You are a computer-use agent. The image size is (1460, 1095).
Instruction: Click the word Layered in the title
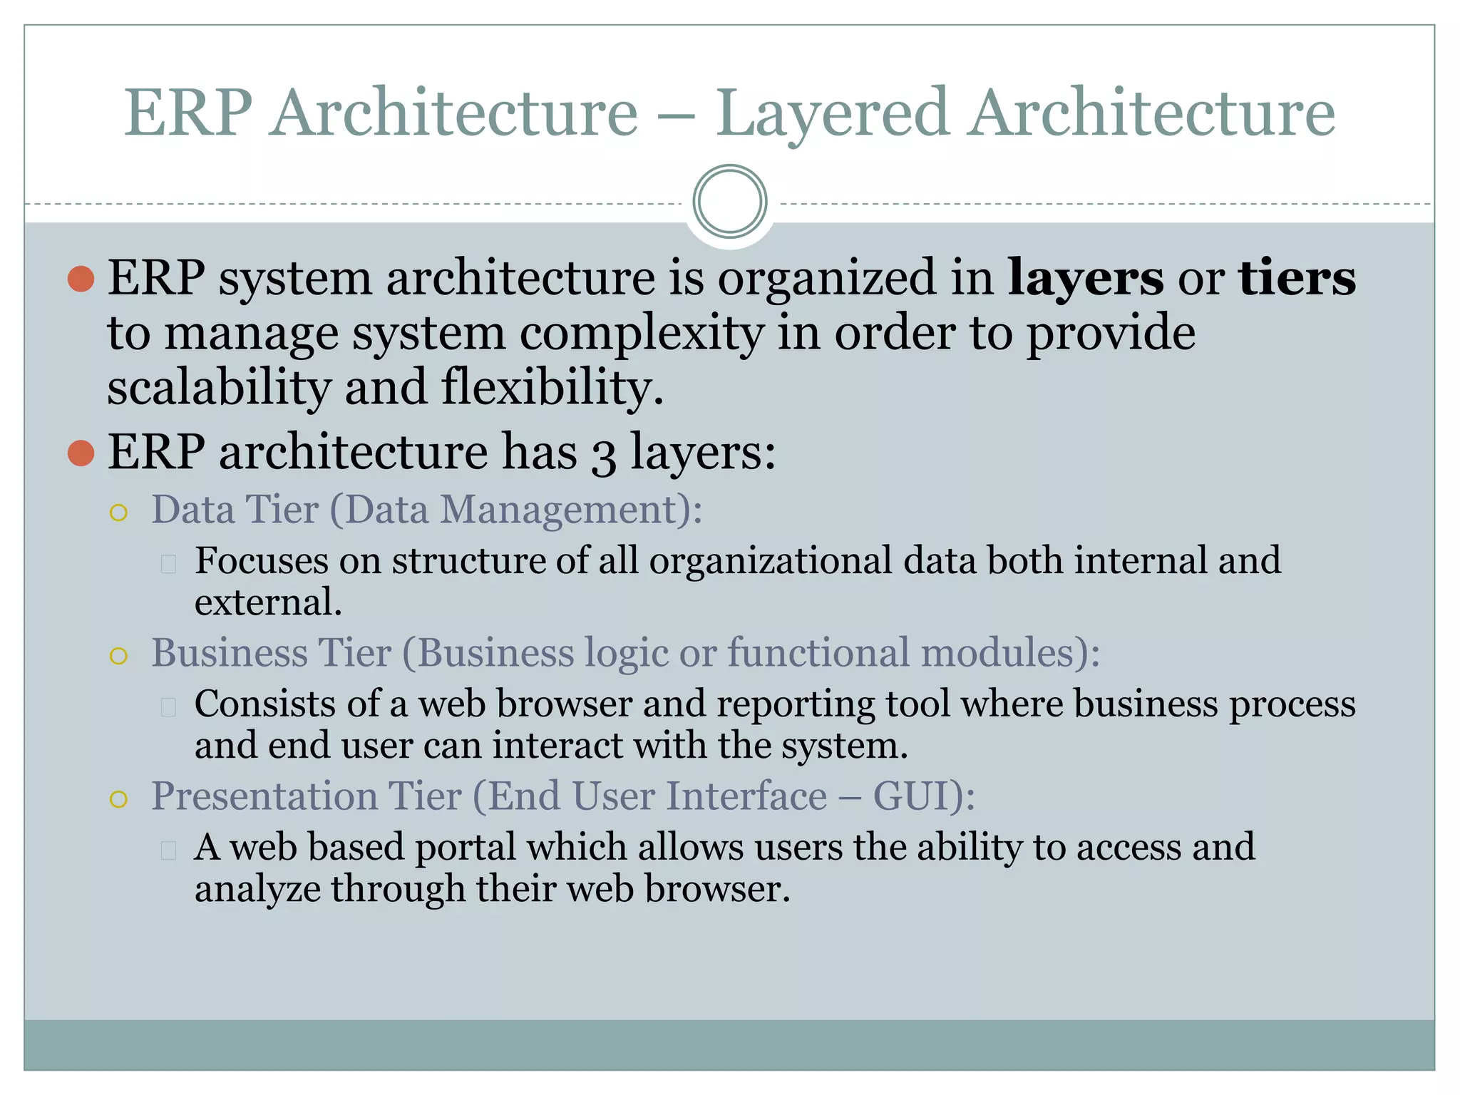(x=832, y=114)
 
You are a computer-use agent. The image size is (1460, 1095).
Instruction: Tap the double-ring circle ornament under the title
(x=729, y=202)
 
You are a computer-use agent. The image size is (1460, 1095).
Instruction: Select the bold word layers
(x=1085, y=278)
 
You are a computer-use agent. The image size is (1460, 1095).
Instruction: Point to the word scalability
(x=219, y=388)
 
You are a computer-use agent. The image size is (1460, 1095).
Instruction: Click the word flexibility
(x=552, y=388)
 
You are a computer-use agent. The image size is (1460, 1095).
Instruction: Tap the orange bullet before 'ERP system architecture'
(x=81, y=279)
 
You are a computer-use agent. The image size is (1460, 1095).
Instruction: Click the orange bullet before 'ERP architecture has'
(x=81, y=453)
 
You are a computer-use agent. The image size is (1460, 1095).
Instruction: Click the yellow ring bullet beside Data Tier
(x=119, y=513)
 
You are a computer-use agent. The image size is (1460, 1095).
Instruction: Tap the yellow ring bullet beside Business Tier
(x=119, y=656)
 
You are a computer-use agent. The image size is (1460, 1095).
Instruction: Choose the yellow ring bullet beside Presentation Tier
(x=119, y=799)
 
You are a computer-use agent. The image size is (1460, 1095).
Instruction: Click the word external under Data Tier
(x=268, y=603)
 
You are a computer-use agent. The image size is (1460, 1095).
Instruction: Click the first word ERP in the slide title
(x=188, y=114)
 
